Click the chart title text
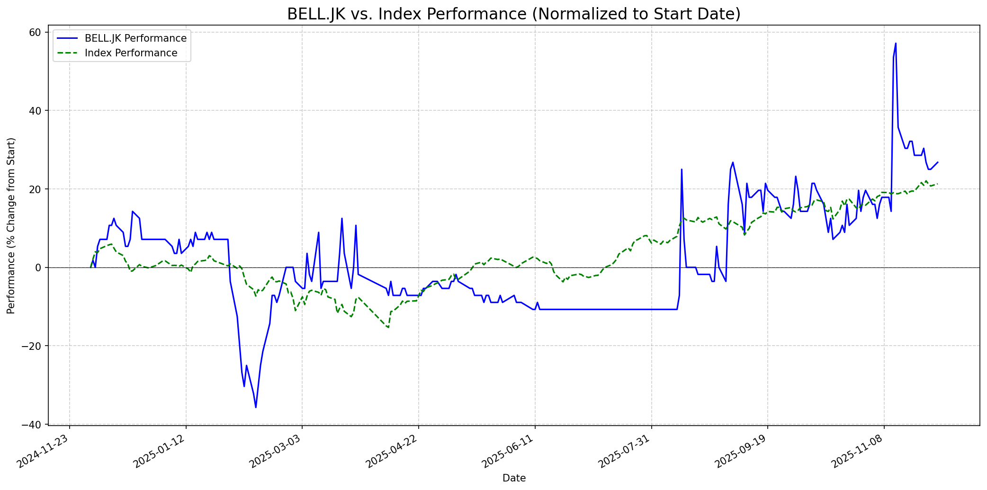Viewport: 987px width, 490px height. [x=514, y=14]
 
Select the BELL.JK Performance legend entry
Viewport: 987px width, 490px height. [x=135, y=38]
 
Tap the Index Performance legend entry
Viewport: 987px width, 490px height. [x=131, y=53]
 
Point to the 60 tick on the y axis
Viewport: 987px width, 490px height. [x=36, y=32]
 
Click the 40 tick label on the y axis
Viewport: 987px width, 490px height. [x=36, y=111]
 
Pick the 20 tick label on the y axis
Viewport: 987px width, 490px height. [x=36, y=189]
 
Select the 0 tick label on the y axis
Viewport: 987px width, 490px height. [x=39, y=267]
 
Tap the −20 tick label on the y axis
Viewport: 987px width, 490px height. [x=33, y=346]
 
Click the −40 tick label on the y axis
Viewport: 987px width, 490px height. [x=33, y=425]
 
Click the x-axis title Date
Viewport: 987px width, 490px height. [x=514, y=478]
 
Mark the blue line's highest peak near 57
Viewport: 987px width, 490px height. [x=896, y=44]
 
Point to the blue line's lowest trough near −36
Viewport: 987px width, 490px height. [x=256, y=407]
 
